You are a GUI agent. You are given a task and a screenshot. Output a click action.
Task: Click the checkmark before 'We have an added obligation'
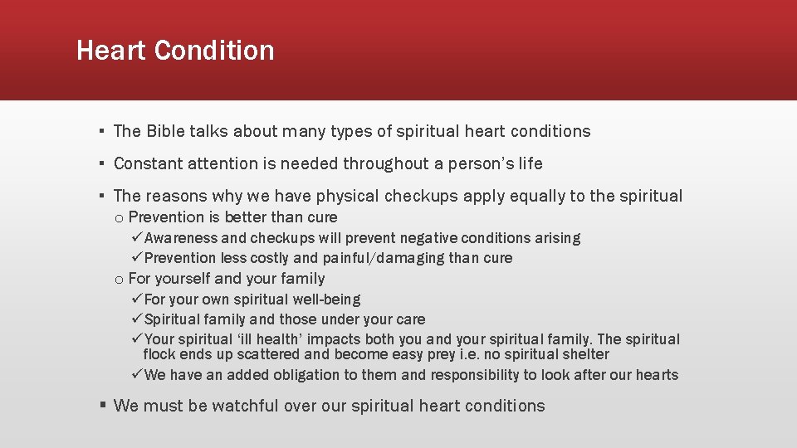pyautogui.click(x=138, y=375)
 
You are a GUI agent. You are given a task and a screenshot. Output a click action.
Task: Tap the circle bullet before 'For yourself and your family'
pyautogui.click(x=120, y=280)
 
